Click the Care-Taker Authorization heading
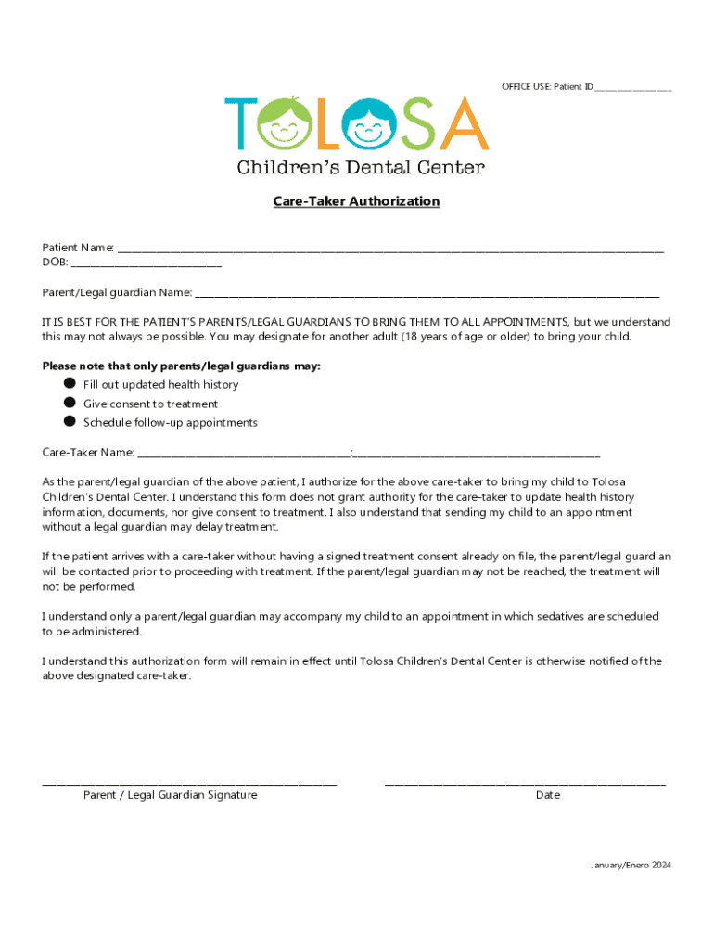(356, 201)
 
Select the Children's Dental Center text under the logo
(361, 168)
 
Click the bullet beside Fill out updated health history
(70, 383)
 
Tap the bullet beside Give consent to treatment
(70, 403)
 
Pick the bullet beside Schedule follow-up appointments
(70, 421)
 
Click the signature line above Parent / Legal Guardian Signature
(189, 785)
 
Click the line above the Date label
(525, 785)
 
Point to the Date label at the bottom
(547, 795)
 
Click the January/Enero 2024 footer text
(631, 866)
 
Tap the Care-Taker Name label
(88, 453)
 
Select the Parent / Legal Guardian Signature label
(171, 795)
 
